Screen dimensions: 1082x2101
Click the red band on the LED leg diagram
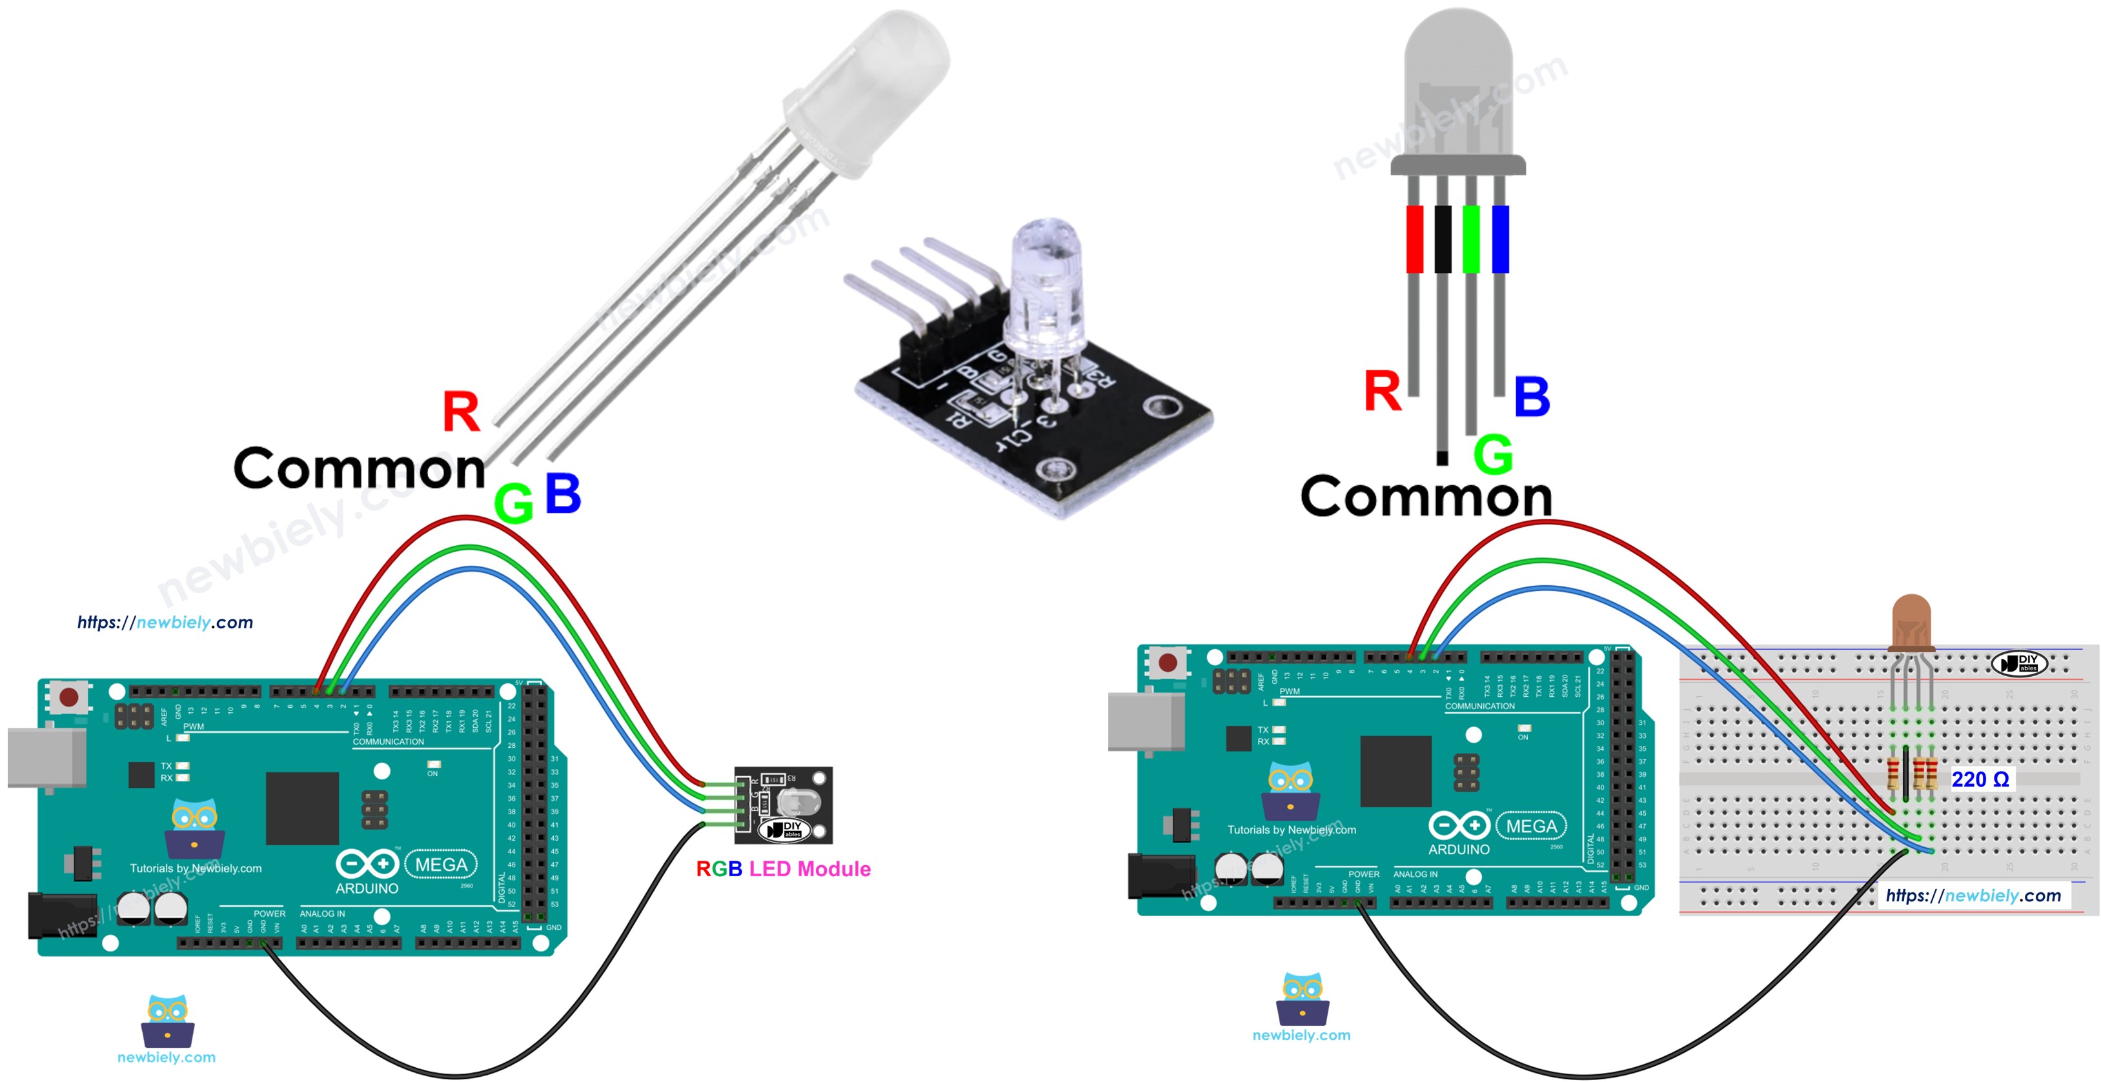[x=1414, y=239]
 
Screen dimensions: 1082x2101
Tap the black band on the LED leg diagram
[x=1442, y=239]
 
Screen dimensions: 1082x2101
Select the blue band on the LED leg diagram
[x=1500, y=239]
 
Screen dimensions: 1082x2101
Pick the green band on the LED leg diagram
[x=1470, y=239]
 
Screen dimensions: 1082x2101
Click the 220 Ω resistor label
[x=1980, y=779]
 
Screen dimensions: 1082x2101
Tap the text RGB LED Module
[x=783, y=869]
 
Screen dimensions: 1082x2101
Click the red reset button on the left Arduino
[x=69, y=697]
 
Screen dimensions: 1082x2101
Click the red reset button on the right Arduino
[x=1168, y=662]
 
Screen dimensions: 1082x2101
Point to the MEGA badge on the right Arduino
[x=1531, y=826]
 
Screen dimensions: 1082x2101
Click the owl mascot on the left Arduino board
[x=194, y=828]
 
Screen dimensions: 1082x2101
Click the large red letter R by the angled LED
[x=461, y=412]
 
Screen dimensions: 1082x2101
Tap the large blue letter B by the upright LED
[x=1532, y=397]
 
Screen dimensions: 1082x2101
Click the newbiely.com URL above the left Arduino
[x=165, y=622]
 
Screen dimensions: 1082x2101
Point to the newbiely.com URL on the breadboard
[x=1973, y=896]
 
